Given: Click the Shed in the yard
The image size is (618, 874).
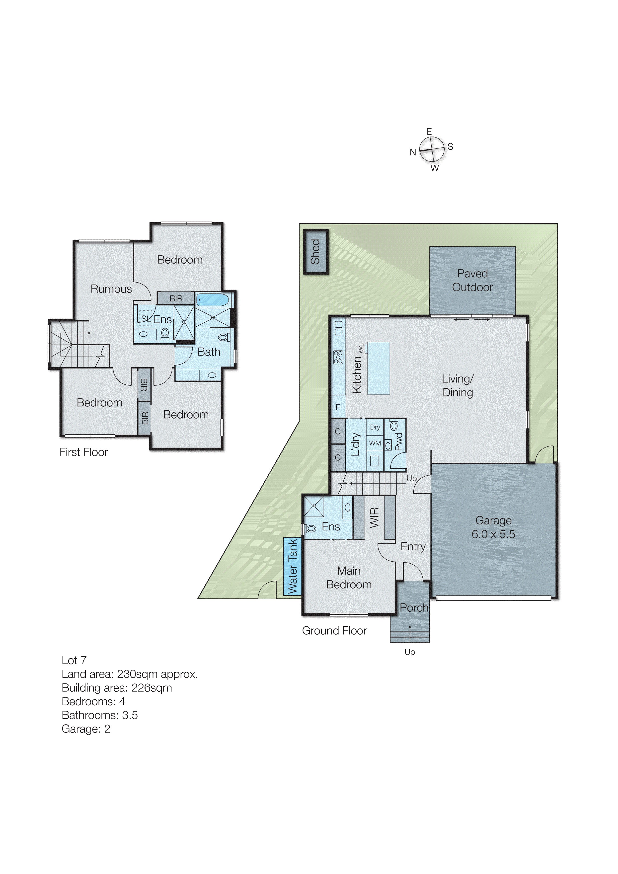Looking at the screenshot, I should tap(316, 252).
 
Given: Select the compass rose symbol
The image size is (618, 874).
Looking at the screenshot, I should tap(432, 149).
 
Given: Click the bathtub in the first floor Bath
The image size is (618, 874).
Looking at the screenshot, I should tap(213, 299).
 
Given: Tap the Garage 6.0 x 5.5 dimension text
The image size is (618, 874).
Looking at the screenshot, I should tap(493, 534).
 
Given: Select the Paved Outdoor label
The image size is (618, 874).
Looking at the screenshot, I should tap(472, 280).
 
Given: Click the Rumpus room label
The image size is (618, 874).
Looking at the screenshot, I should tap(111, 289).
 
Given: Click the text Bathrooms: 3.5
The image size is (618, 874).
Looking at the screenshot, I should tap(100, 715).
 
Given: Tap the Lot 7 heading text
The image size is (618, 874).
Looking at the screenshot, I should tap(74, 660).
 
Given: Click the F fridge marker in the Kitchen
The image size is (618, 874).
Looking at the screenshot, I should tap(337, 407).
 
